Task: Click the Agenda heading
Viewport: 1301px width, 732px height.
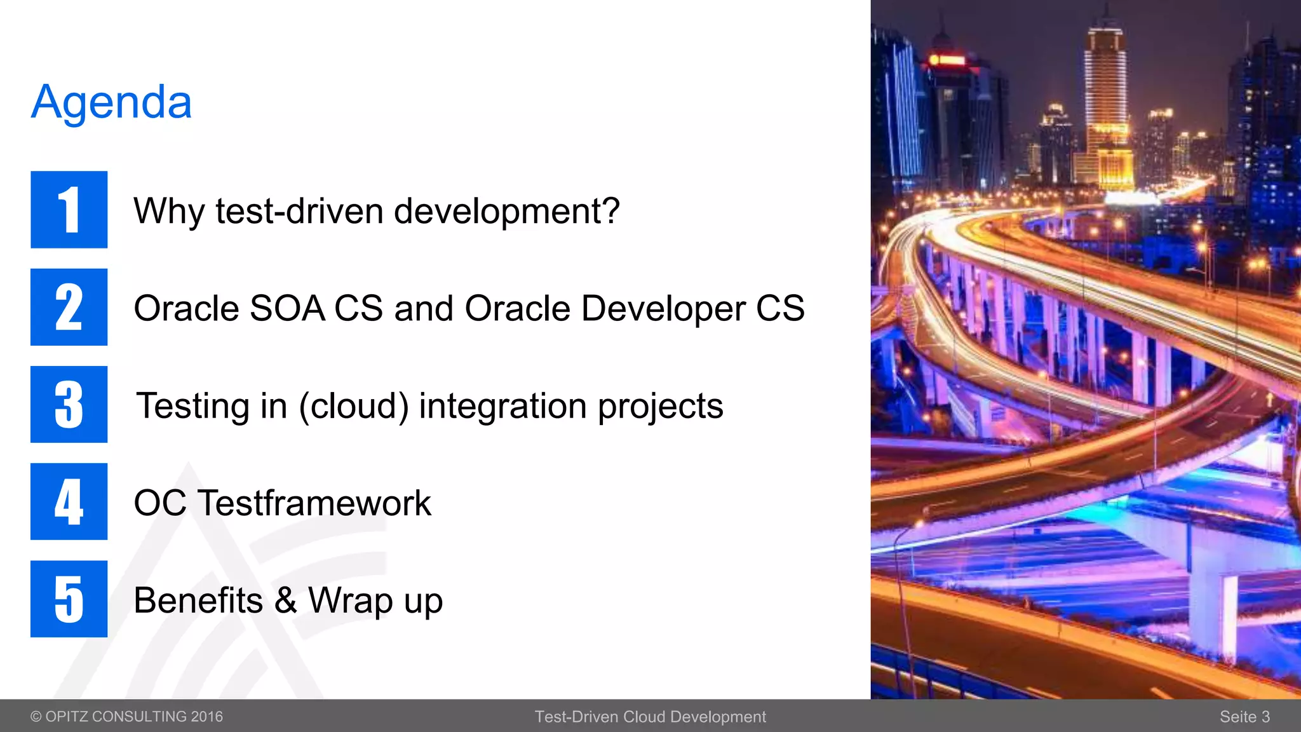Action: (111, 103)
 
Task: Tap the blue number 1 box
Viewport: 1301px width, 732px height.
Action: (69, 210)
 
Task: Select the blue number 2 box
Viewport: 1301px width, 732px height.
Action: (69, 307)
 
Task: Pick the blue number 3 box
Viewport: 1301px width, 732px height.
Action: (69, 404)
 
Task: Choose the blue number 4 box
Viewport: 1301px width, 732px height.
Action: (69, 501)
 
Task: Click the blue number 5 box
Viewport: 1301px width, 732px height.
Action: (69, 599)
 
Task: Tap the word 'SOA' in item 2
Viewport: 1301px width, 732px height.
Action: (287, 308)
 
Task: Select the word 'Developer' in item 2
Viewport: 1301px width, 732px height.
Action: (663, 309)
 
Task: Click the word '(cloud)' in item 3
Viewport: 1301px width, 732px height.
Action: (354, 406)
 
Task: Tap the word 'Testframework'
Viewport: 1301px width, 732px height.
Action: (314, 503)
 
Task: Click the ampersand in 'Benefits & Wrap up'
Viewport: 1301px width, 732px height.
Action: (286, 600)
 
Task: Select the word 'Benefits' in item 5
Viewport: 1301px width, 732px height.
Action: (198, 600)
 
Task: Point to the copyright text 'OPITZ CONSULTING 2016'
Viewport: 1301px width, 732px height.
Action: (134, 717)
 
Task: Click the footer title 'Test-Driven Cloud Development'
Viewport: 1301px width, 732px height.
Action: (650, 717)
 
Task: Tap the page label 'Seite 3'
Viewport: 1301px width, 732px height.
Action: (1244, 717)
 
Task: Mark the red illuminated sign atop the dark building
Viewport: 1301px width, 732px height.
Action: (947, 60)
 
